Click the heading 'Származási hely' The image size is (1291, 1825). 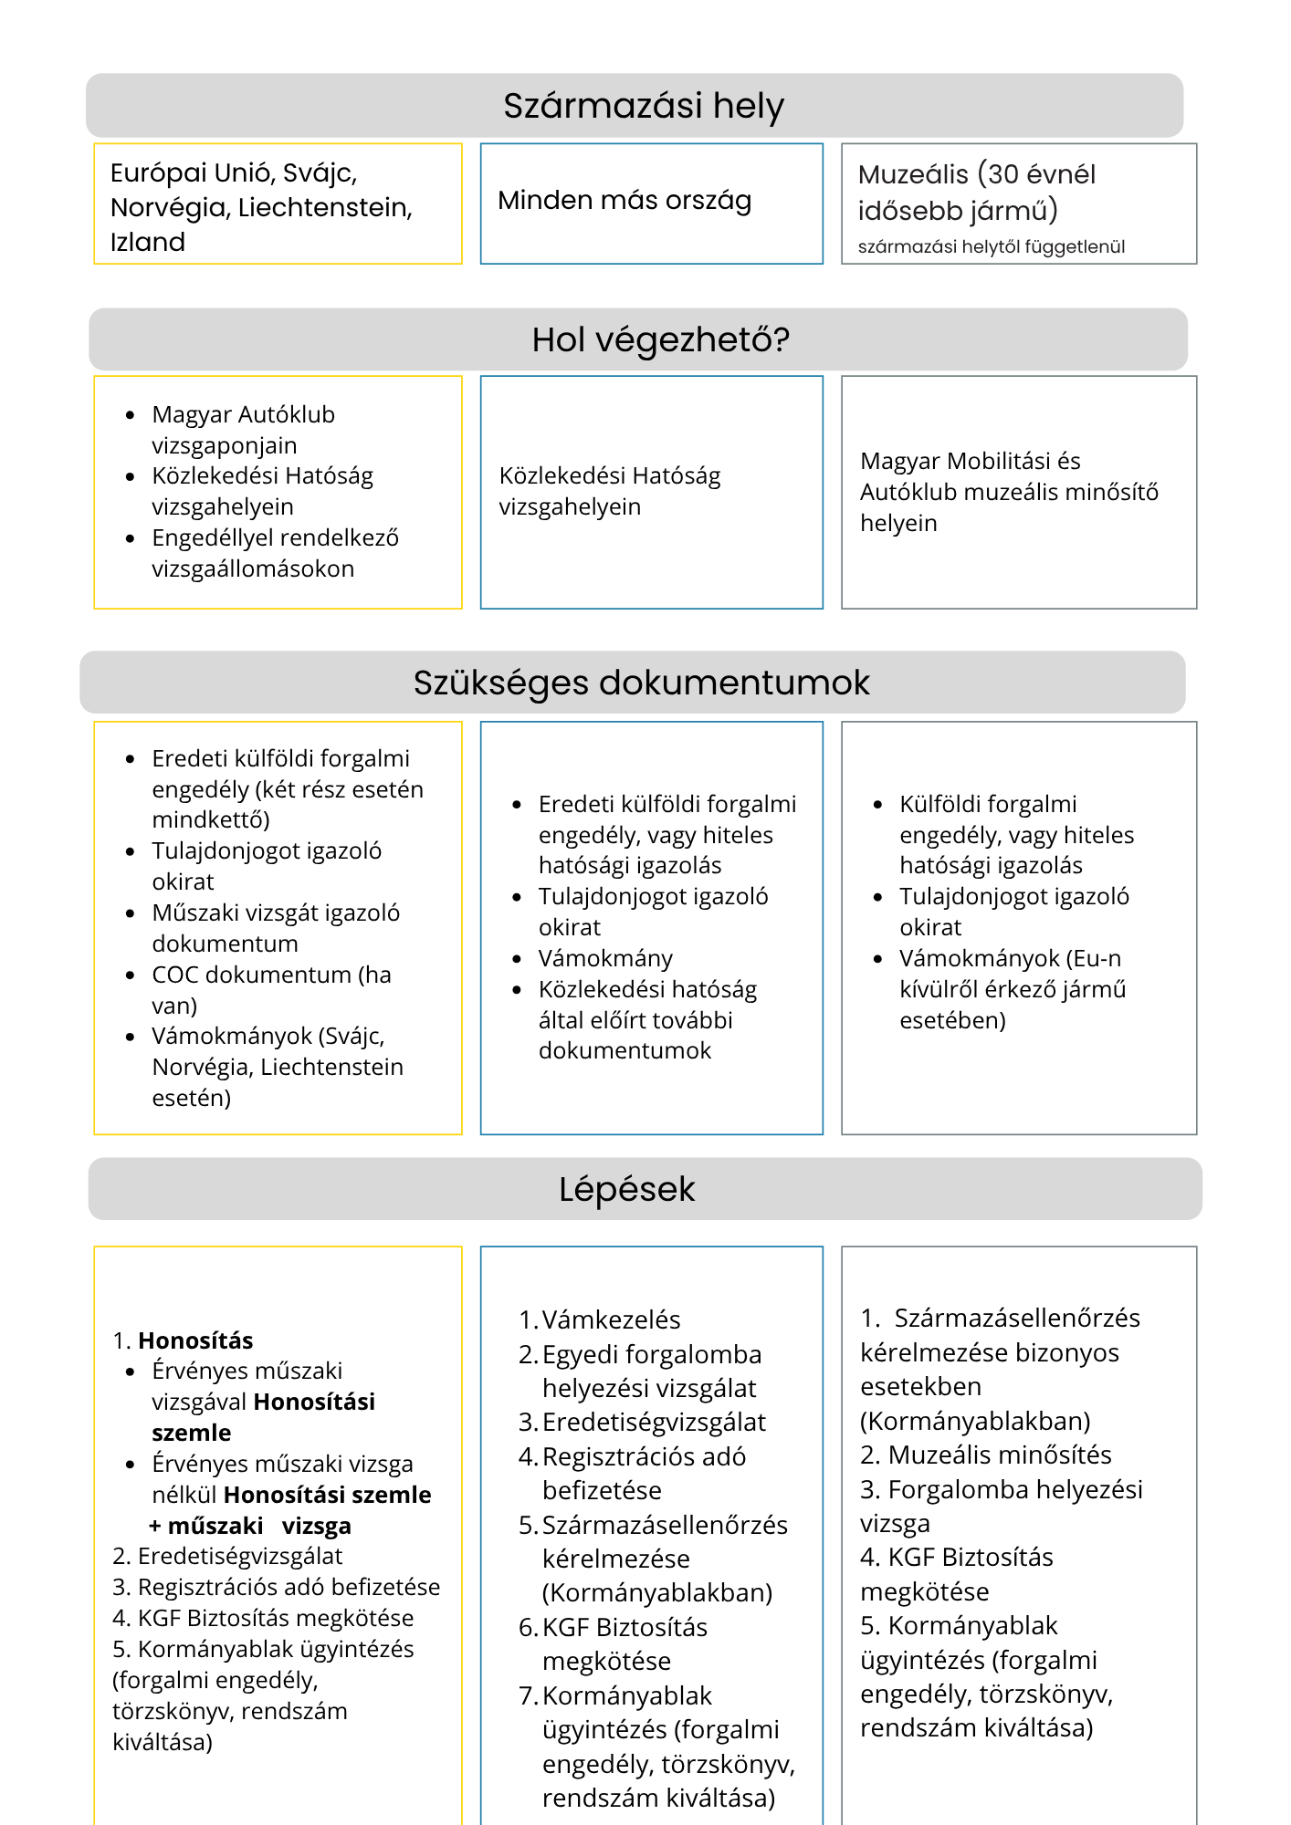(x=643, y=106)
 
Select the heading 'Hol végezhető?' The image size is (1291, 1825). (x=660, y=339)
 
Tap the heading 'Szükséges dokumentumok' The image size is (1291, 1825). (x=641, y=683)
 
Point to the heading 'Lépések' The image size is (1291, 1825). (x=627, y=1189)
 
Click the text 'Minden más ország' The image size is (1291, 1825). (x=625, y=201)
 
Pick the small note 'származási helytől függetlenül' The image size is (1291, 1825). (x=991, y=246)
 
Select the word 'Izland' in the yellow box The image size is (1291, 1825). (x=148, y=242)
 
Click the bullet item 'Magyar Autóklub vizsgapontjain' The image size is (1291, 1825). (x=243, y=430)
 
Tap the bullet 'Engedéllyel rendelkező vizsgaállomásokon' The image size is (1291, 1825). (x=275, y=553)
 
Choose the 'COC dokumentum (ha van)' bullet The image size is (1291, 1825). (x=271, y=990)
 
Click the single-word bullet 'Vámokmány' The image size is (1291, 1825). (x=605, y=958)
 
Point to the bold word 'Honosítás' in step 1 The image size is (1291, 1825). (x=195, y=1340)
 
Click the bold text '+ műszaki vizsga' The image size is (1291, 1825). (x=250, y=1526)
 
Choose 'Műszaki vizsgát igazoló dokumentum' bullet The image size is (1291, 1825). (x=276, y=928)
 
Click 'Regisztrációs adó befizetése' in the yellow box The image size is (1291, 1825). (x=288, y=1587)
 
